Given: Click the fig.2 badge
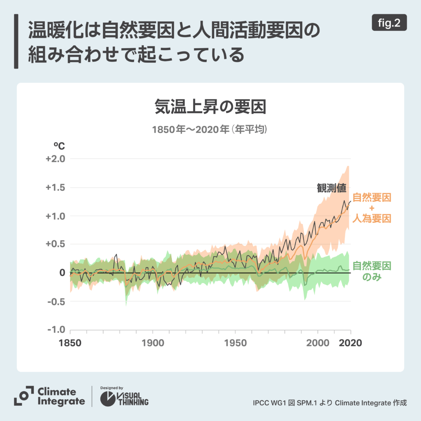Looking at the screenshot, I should pos(389,23).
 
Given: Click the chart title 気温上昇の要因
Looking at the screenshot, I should pos(210,107).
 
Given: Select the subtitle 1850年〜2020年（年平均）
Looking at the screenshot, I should pos(210,130).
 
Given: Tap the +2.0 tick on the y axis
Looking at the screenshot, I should pos(56,159).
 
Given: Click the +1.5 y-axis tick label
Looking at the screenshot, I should pos(56,187).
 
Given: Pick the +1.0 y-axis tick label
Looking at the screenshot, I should pos(56,216).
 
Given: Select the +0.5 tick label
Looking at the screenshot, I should pos(56,244).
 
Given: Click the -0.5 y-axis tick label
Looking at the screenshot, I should pos(56,301).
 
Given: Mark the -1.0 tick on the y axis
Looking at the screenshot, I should pos(56,330).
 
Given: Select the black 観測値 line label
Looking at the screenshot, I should pos(331,188).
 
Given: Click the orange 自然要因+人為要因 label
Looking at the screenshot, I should pos(372,208).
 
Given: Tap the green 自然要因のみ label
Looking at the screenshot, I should pos(372,271).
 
